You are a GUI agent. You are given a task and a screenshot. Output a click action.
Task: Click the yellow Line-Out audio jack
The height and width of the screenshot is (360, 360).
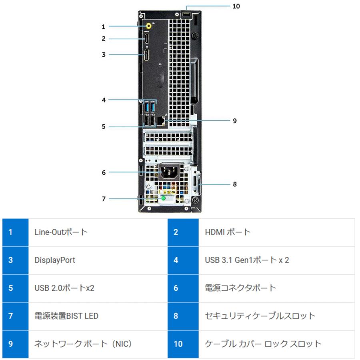pos(149,26)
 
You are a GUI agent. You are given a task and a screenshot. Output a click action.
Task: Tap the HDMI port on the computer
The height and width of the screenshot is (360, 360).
pos(146,39)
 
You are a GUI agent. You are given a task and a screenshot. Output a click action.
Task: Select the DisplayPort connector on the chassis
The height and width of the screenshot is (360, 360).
pos(146,55)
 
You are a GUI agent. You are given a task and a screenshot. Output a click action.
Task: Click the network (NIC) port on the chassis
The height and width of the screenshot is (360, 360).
pos(161,120)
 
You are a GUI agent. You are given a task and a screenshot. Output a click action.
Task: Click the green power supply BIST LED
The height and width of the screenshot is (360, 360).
pos(164,198)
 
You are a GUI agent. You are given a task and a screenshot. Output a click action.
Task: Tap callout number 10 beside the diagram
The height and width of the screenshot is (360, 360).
pos(236,6)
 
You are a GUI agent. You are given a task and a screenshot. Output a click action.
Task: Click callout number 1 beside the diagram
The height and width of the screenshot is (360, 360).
pos(103,27)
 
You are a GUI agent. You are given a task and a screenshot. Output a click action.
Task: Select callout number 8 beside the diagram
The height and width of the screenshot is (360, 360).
pos(235,184)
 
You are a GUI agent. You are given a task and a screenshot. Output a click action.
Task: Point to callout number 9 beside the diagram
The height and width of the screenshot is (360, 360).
pos(235,120)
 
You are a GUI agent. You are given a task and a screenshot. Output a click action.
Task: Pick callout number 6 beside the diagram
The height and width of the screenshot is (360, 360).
pos(103,173)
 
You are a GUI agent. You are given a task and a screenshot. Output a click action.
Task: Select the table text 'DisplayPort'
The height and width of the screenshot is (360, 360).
pos(55,260)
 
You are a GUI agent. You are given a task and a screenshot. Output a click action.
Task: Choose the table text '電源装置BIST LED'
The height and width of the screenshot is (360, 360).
pos(66,316)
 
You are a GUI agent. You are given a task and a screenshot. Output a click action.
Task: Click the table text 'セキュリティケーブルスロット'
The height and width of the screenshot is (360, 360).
pos(260,316)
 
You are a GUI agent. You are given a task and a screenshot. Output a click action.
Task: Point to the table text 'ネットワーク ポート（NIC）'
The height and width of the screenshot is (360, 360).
pos(83,344)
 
